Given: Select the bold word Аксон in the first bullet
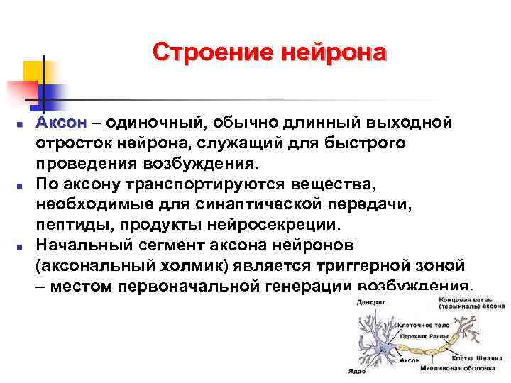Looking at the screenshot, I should [62, 123].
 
